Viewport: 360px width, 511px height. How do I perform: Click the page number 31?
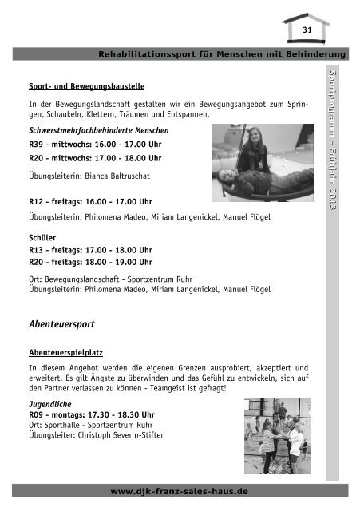[x=306, y=29]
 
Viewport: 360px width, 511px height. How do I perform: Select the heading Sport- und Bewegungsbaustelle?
[x=85, y=85]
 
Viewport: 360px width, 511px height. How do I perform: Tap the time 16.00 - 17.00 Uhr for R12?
[x=117, y=202]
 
